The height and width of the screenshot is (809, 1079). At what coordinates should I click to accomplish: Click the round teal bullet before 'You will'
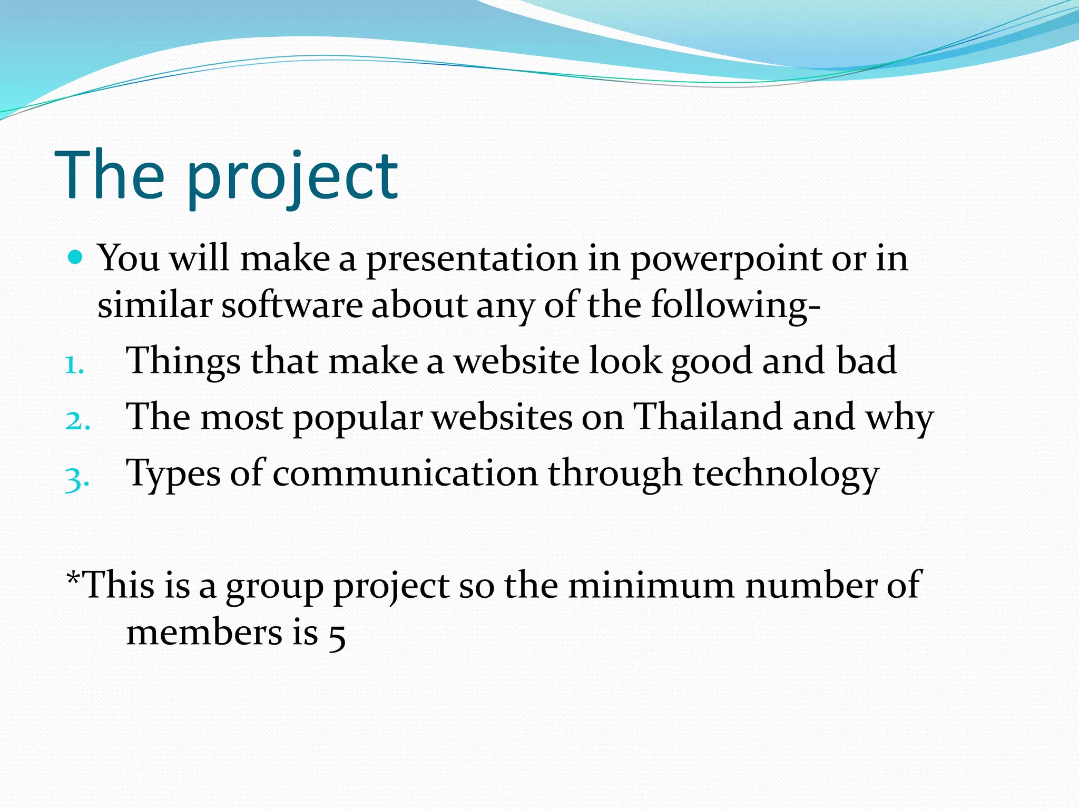(76, 258)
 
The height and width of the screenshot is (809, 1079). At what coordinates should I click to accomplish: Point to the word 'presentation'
(472, 259)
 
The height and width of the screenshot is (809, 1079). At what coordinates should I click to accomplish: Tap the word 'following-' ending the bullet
(735, 306)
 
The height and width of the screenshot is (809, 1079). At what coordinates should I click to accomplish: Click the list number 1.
(74, 365)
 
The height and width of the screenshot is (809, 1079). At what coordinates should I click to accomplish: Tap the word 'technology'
(786, 474)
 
